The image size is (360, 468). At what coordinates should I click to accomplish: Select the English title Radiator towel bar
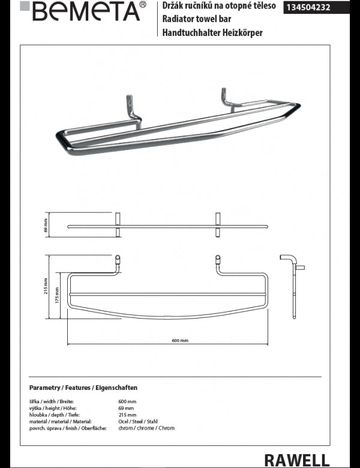click(193, 19)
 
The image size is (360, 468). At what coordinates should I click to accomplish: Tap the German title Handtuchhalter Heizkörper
click(213, 32)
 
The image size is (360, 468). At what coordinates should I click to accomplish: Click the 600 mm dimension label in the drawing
click(180, 341)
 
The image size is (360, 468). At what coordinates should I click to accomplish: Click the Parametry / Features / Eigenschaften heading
click(83, 388)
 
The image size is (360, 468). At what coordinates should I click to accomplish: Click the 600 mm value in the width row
click(128, 401)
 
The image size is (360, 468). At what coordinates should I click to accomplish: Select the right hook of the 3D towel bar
click(227, 98)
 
